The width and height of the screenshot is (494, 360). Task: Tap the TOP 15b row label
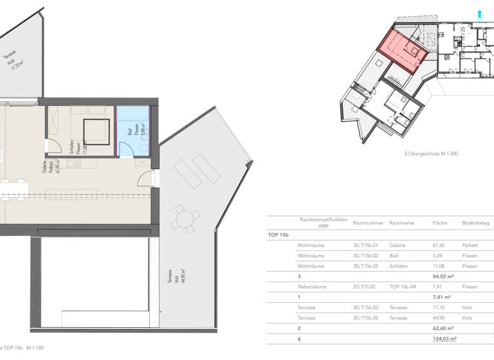click(x=278, y=235)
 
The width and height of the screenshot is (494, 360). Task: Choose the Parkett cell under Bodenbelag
click(x=469, y=245)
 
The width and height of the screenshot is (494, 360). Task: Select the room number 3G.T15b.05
click(x=367, y=318)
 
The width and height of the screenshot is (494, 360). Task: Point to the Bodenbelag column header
click(x=475, y=222)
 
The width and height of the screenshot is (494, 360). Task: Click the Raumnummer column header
click(x=368, y=222)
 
